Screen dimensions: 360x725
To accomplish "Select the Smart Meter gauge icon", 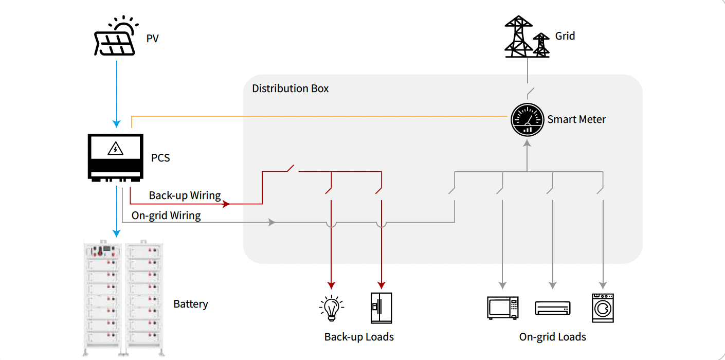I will point(527,120).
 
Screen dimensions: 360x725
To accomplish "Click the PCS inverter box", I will point(115,157).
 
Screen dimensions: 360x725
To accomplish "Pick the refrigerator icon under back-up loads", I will point(382,308).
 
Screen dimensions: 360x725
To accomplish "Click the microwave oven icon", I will point(502,308).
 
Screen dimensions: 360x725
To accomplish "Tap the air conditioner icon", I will point(553,308).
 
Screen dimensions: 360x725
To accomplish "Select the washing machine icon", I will point(603,308).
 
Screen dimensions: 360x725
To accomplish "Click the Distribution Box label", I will point(290,88).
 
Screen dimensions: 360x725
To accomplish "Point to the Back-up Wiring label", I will point(185,195).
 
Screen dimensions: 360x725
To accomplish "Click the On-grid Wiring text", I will point(166,215).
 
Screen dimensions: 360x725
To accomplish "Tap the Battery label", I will point(191,304).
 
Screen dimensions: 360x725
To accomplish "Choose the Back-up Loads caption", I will point(359,337).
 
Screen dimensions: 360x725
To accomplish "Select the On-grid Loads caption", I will point(552,337).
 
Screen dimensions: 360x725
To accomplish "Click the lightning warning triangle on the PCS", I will point(115,149).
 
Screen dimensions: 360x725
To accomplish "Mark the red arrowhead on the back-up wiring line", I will point(225,204).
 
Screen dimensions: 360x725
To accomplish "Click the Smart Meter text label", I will point(576,119).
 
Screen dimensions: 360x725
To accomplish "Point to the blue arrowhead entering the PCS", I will point(117,124).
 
